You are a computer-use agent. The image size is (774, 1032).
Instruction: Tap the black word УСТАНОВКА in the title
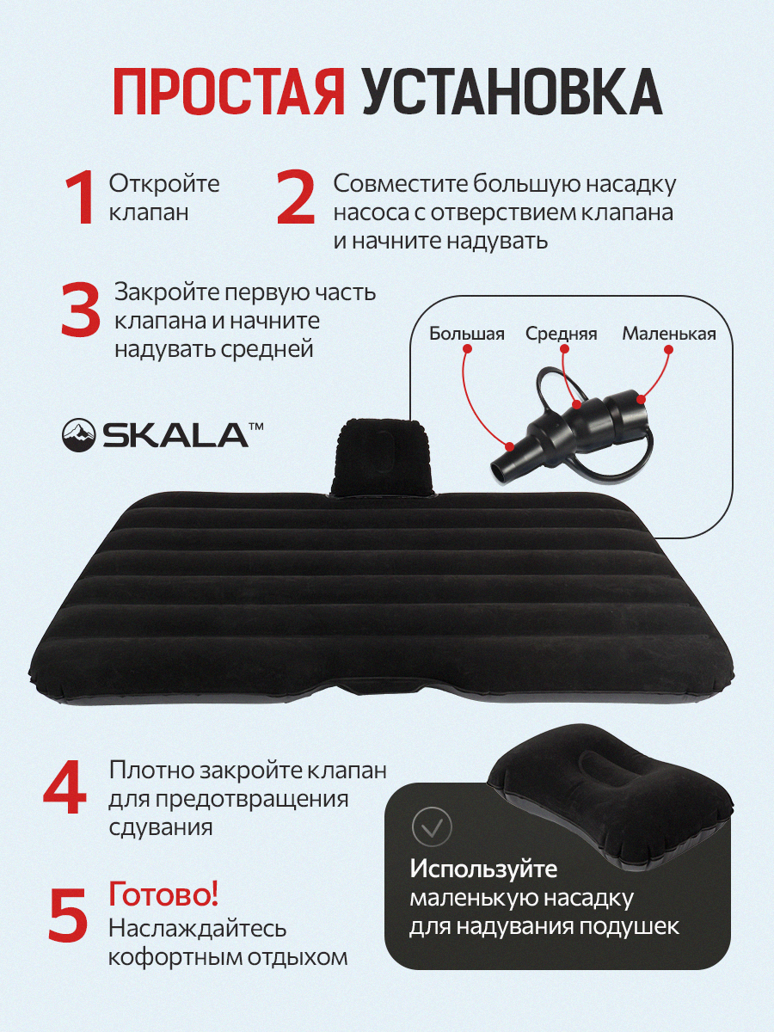click(x=512, y=91)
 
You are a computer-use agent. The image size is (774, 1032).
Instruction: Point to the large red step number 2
click(x=296, y=199)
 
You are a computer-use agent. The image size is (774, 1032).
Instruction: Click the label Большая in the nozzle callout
click(x=467, y=335)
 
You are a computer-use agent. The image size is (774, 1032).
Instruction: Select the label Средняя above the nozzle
click(x=561, y=335)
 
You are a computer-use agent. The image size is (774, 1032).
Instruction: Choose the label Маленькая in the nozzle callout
click(x=669, y=335)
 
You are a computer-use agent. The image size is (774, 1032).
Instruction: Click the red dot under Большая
click(x=467, y=348)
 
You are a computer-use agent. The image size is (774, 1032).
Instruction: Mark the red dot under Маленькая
click(x=669, y=349)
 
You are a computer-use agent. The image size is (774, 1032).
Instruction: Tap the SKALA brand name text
click(x=175, y=435)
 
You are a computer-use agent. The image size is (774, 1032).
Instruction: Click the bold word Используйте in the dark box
click(x=483, y=869)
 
